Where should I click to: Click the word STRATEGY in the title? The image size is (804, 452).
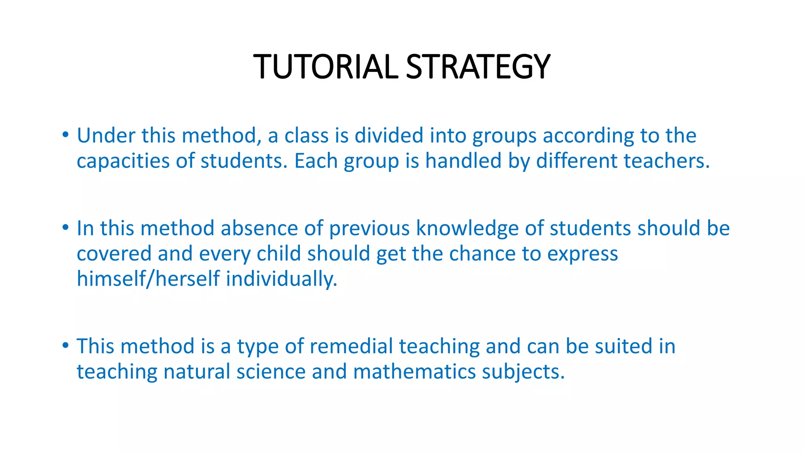click(478, 67)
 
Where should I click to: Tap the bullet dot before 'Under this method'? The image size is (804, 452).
click(66, 135)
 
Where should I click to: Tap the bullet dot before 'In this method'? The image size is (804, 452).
click(66, 228)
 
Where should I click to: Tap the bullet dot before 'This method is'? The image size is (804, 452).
click(66, 346)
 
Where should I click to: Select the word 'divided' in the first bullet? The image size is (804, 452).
click(389, 135)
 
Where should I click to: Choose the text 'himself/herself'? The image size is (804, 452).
click(148, 279)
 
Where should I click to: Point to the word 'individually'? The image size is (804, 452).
click(281, 279)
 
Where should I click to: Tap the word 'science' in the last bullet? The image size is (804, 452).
click(271, 372)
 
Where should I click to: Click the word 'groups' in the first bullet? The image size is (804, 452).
click(504, 136)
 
